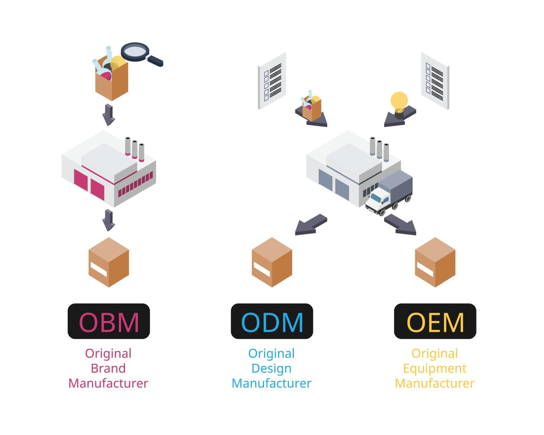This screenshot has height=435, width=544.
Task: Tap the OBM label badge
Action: point(109,321)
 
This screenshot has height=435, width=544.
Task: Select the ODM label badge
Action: point(272,321)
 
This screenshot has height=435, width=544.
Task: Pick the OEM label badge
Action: point(435,321)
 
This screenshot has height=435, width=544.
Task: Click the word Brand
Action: point(108,368)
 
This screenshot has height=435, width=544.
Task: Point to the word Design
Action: point(271,368)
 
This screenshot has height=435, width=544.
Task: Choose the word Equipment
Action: point(435,368)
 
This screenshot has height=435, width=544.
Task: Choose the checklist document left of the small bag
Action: point(272,81)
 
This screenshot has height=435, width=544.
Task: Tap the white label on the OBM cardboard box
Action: point(99,269)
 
